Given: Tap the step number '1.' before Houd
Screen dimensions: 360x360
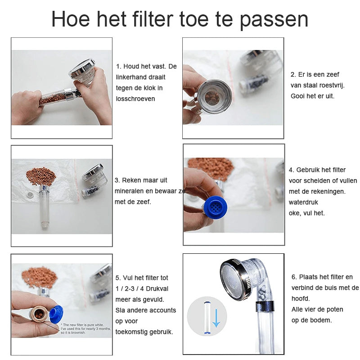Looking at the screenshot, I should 119,66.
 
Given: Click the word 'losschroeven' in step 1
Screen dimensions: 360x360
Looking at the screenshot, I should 135,99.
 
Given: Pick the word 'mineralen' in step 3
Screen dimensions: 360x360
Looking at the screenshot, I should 129,191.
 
